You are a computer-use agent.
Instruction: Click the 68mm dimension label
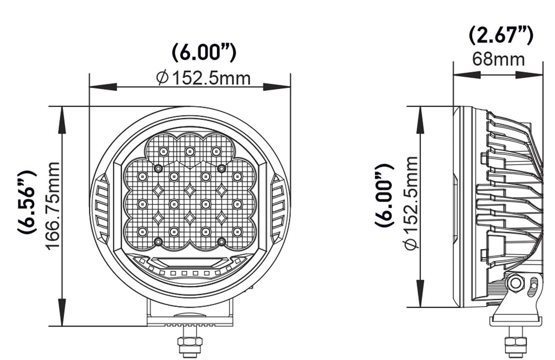[x=498, y=59]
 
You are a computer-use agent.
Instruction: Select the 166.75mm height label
[x=53, y=205]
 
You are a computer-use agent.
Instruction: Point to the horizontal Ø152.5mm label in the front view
[x=203, y=78]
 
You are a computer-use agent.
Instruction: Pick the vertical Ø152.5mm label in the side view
[x=411, y=203]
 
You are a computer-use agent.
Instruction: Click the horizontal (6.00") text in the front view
[x=204, y=52]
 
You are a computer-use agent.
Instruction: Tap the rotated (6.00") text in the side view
[x=385, y=195]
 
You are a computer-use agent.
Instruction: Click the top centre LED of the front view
[x=189, y=151]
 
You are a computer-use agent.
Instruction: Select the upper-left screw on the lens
[x=158, y=168]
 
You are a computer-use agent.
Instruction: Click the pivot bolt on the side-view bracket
[x=516, y=283]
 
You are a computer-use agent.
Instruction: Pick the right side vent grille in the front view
[x=278, y=208]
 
